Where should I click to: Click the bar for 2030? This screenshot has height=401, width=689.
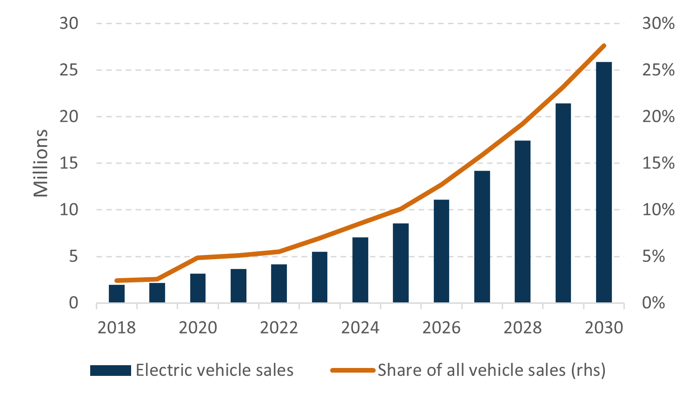pos(603,182)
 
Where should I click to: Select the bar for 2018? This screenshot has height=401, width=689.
pos(117,294)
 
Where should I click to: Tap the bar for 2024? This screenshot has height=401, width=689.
pos(360,270)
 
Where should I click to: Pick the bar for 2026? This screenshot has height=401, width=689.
pos(441,251)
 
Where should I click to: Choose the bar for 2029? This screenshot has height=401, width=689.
pos(563,203)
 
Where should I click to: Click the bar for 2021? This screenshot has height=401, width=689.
pos(238,286)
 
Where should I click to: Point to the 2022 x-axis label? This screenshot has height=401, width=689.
pos(279,327)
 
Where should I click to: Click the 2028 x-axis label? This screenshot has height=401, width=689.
pos(523,327)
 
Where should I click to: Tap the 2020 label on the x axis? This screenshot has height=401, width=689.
pos(198,327)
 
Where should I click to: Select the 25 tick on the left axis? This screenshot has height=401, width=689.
pos(69,70)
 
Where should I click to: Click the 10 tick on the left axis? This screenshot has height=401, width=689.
pos(69,210)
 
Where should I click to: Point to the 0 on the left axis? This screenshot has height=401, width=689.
pos(73,303)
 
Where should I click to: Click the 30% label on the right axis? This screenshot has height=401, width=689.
pos(658,23)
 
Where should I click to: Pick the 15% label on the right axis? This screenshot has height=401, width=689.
pos(658,163)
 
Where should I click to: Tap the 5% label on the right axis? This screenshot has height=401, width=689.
pos(653,256)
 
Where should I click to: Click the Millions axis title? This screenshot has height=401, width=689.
pos(41,163)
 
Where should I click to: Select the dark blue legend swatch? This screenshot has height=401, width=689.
pos(110,370)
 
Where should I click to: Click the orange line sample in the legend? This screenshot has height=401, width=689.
pos(352,370)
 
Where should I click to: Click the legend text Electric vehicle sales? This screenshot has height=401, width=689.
pos(214,370)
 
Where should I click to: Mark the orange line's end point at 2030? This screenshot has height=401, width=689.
pos(604,46)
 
